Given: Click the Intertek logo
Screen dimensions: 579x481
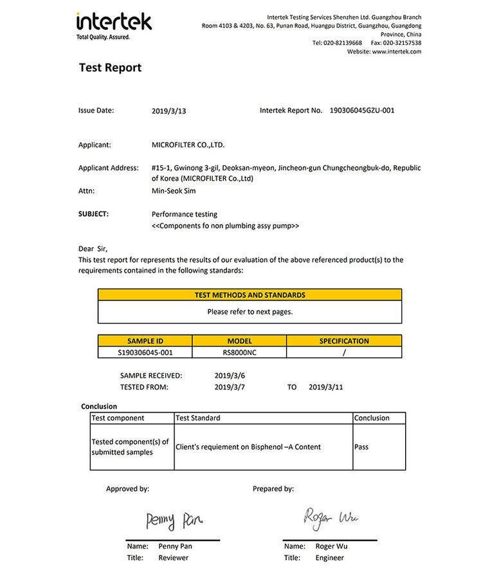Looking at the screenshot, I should [114, 25].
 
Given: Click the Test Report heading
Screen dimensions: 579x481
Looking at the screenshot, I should [110, 68].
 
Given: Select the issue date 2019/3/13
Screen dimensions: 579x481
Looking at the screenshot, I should [168, 111].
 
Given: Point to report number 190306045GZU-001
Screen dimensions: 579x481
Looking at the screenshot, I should [362, 111].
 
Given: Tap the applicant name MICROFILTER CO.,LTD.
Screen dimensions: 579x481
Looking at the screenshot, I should [188, 145].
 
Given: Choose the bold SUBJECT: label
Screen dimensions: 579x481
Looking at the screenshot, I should [93, 214].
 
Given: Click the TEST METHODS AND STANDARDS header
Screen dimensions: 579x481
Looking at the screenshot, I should [250, 295].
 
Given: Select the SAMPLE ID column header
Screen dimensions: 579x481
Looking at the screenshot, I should [145, 341].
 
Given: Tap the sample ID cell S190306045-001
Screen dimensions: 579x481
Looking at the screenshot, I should [145, 353].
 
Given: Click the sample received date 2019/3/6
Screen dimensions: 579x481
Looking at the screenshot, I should [230, 375].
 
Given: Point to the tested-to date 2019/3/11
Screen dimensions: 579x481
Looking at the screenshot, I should [326, 387].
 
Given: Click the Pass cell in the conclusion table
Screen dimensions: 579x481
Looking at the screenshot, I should [361, 446].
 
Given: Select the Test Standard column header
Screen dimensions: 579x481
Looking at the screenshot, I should [198, 418].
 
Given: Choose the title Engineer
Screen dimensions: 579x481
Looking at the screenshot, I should [330, 558].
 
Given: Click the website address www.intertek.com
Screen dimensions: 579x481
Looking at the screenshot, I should [396, 51].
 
